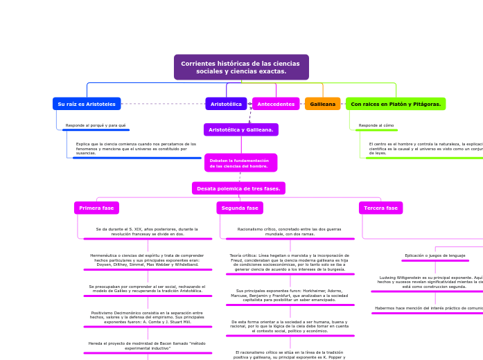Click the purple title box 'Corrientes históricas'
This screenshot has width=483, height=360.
(x=241, y=67)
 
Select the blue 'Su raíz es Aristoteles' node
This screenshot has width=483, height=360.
(x=87, y=104)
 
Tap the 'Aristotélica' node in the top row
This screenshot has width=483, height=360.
(x=226, y=104)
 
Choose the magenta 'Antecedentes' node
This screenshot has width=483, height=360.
(x=276, y=104)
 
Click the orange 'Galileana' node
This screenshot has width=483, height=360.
(x=322, y=104)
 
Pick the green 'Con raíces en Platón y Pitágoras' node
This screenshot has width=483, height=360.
(x=396, y=104)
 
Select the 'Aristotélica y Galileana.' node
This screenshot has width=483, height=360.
(x=241, y=129)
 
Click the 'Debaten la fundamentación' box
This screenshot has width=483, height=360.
(x=240, y=163)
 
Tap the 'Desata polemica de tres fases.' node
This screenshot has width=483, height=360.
(x=238, y=188)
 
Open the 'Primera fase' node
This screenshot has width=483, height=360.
(x=96, y=208)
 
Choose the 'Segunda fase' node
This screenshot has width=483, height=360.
(x=240, y=208)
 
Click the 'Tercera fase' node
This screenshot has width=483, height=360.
(x=380, y=208)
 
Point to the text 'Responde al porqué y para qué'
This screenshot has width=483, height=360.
(x=96, y=125)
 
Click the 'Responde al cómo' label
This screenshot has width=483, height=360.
(x=376, y=125)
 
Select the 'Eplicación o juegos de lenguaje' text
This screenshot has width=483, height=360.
(x=435, y=255)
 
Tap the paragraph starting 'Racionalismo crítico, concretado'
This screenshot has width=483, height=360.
(x=290, y=231)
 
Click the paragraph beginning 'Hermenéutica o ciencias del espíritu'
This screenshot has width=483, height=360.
(x=147, y=260)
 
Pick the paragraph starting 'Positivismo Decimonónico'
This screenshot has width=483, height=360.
(x=147, y=317)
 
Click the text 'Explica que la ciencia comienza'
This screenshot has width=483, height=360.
(x=136, y=148)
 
